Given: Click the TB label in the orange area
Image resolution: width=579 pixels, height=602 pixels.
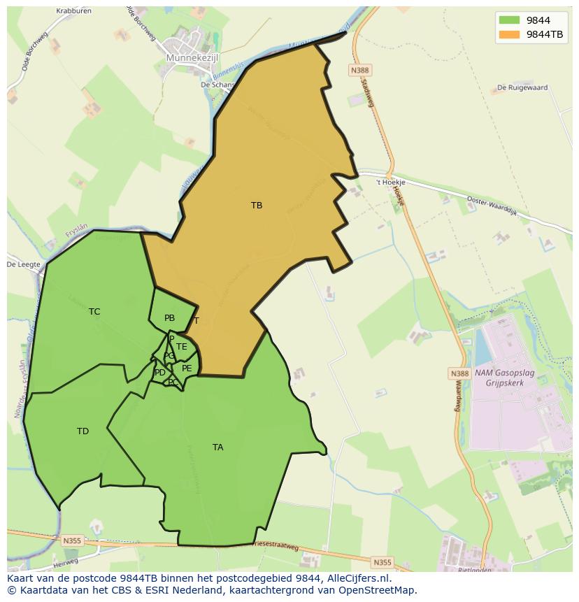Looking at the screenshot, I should (257, 206).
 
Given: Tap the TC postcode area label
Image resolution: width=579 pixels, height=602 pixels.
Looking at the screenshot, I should (94, 312).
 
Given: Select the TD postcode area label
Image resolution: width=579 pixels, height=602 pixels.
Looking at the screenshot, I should (83, 431).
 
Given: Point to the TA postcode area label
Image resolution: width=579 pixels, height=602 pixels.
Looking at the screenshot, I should (217, 447).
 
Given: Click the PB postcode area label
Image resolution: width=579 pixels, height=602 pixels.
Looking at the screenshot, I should (169, 318).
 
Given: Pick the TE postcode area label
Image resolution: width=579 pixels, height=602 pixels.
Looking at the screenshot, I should (182, 347).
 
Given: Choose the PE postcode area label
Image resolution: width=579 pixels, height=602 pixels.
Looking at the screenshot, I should (187, 368).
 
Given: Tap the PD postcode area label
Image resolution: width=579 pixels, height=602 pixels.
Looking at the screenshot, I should (160, 373).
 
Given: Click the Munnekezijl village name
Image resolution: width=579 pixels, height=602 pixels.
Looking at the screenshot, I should (192, 58).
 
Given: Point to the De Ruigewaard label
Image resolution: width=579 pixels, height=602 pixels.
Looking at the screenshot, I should (522, 88).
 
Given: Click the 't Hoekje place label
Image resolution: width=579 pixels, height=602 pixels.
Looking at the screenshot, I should (390, 182).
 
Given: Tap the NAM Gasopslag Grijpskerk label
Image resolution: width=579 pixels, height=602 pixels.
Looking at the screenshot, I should (504, 378).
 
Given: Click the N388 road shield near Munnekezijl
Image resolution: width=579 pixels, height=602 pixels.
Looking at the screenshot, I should (359, 71).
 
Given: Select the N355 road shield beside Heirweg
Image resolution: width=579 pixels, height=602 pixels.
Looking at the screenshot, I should (71, 540).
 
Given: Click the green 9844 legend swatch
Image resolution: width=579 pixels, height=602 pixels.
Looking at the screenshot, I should (509, 20).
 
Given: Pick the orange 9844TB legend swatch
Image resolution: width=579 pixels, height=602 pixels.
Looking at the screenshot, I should (509, 34).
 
